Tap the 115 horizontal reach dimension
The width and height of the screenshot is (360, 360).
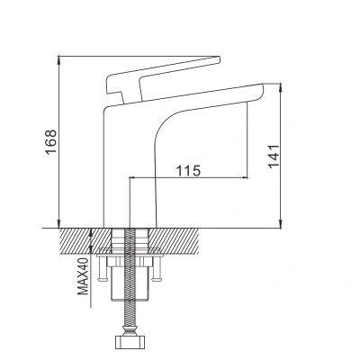click(x=187, y=168)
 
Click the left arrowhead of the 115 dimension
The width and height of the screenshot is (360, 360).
click(x=133, y=177)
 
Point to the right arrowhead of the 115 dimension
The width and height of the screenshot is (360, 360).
click(x=246, y=177)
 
